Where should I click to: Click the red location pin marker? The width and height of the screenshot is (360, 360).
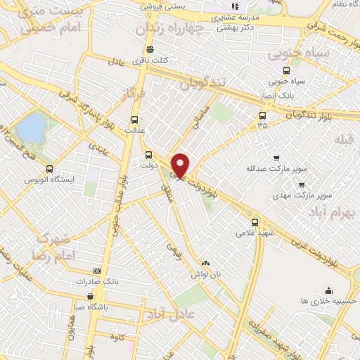click(x=181, y=165)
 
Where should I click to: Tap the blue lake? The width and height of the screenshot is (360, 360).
click(x=30, y=128)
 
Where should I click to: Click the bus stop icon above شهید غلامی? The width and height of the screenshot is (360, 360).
click(x=255, y=221)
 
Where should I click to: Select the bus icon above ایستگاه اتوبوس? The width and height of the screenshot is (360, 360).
click(x=49, y=169)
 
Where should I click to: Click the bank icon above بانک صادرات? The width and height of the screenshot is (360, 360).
click(x=96, y=271)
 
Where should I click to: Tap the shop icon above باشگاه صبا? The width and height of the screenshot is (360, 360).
click(x=90, y=296)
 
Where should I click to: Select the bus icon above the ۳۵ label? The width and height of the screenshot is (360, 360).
click(x=262, y=115)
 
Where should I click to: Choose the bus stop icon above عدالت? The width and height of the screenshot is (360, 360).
click(x=134, y=120)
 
